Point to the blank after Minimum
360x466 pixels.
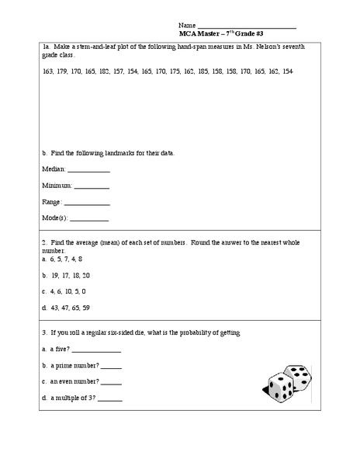point(92,187)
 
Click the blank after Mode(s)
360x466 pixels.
point(89,220)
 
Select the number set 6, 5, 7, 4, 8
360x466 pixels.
point(65,259)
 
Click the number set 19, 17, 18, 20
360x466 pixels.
point(69,275)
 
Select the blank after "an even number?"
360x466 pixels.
point(111,383)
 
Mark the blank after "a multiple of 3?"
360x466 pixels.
point(110,400)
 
